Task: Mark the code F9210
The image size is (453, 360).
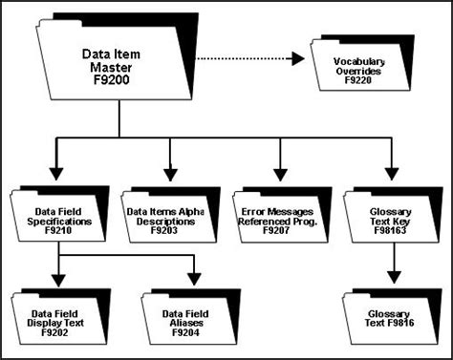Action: [59, 229]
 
